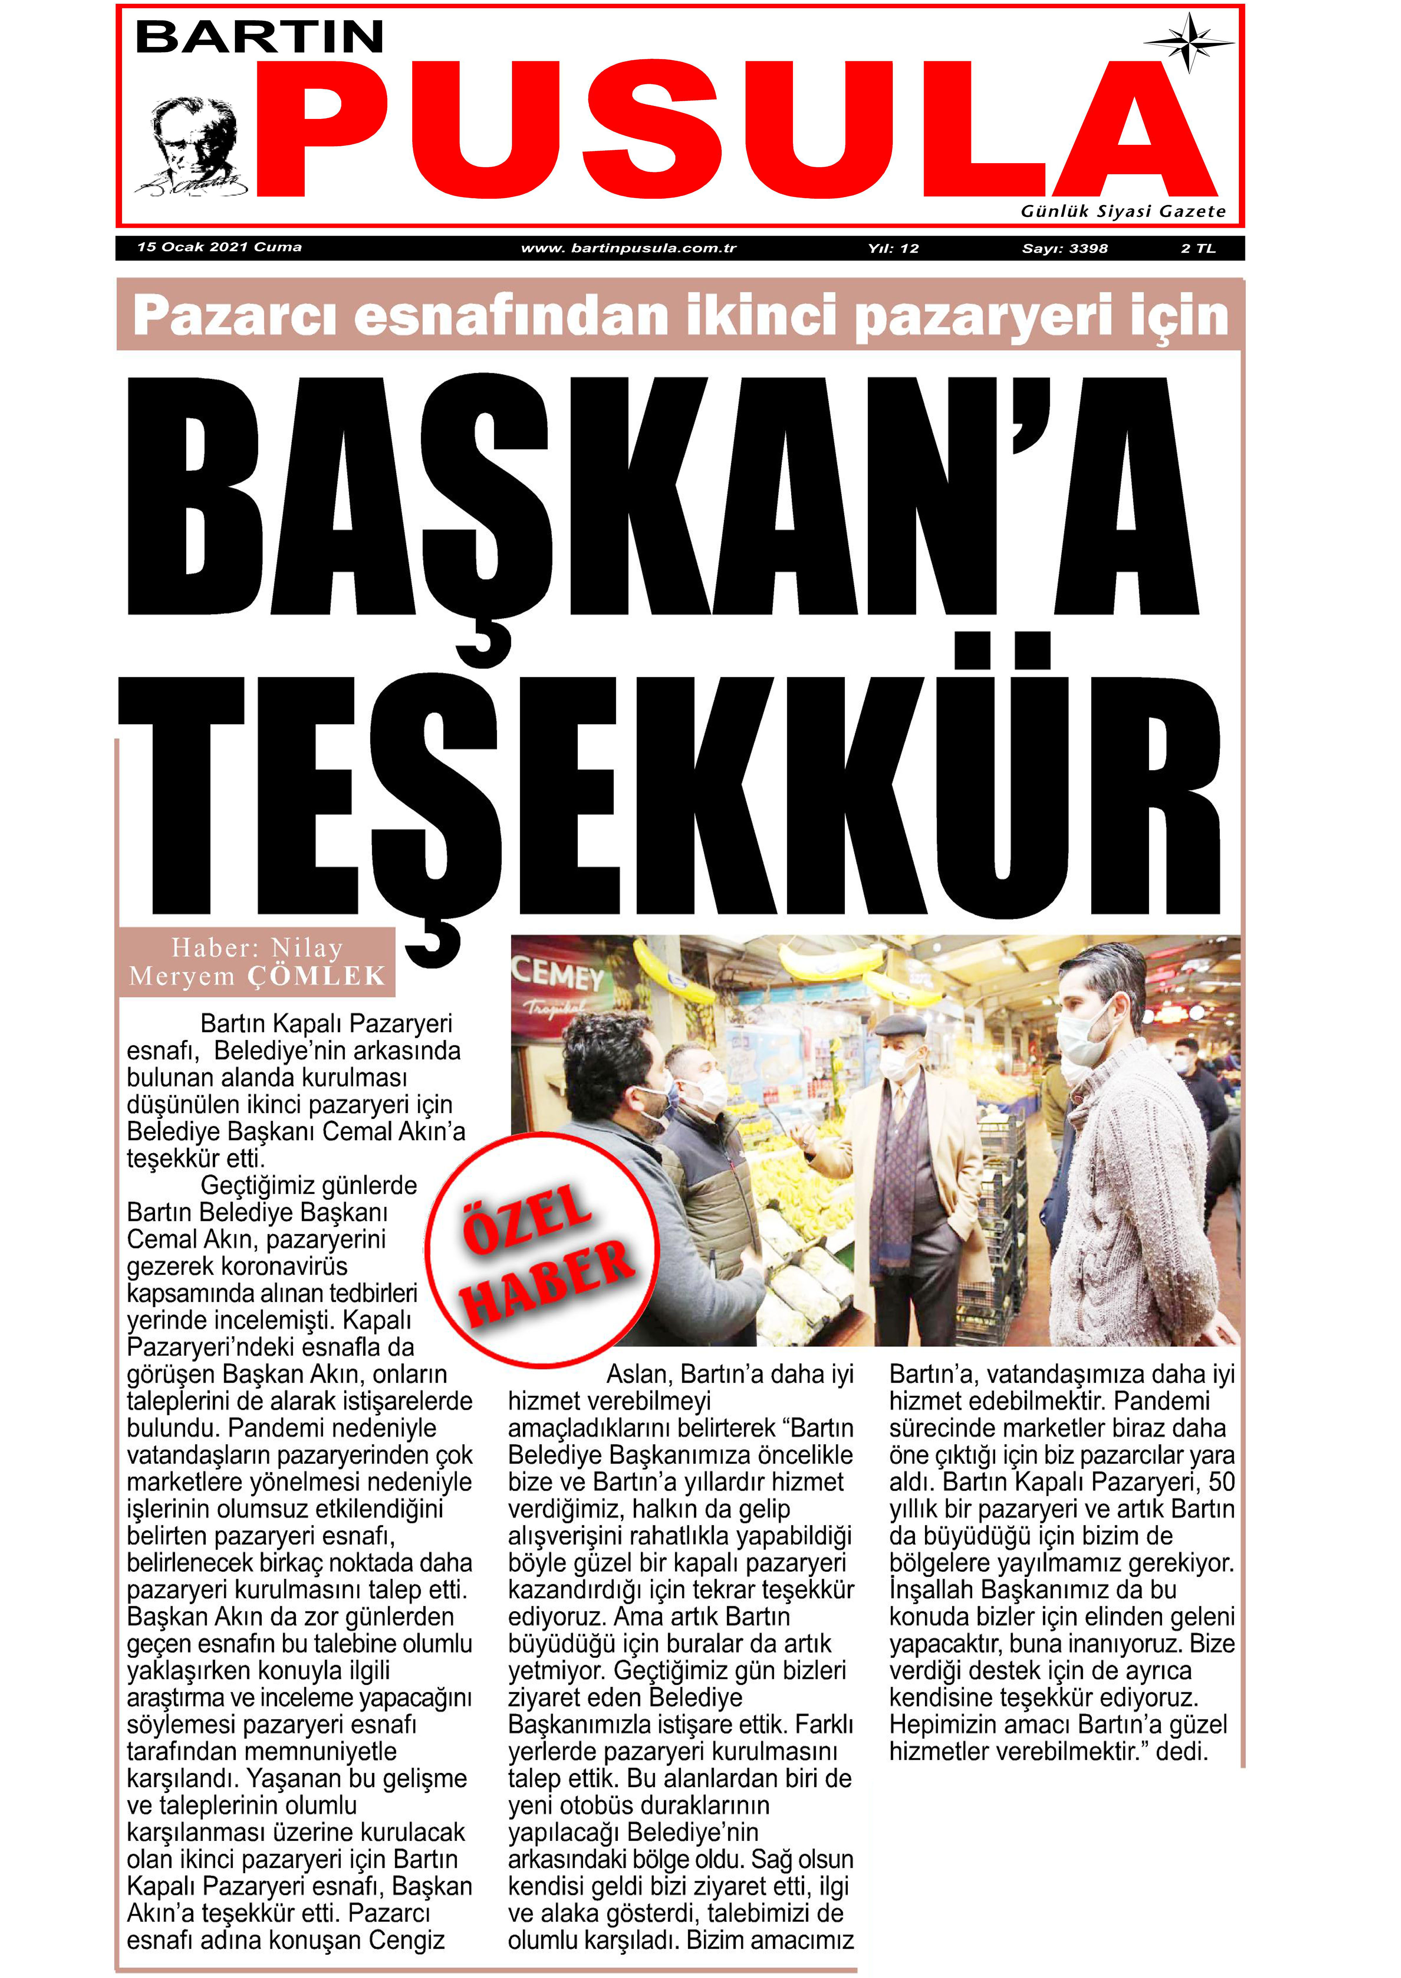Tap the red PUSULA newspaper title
tap(733, 129)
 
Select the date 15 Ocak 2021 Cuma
tap(219, 248)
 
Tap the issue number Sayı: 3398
tap(1064, 248)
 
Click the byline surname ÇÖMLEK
tap(316, 976)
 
